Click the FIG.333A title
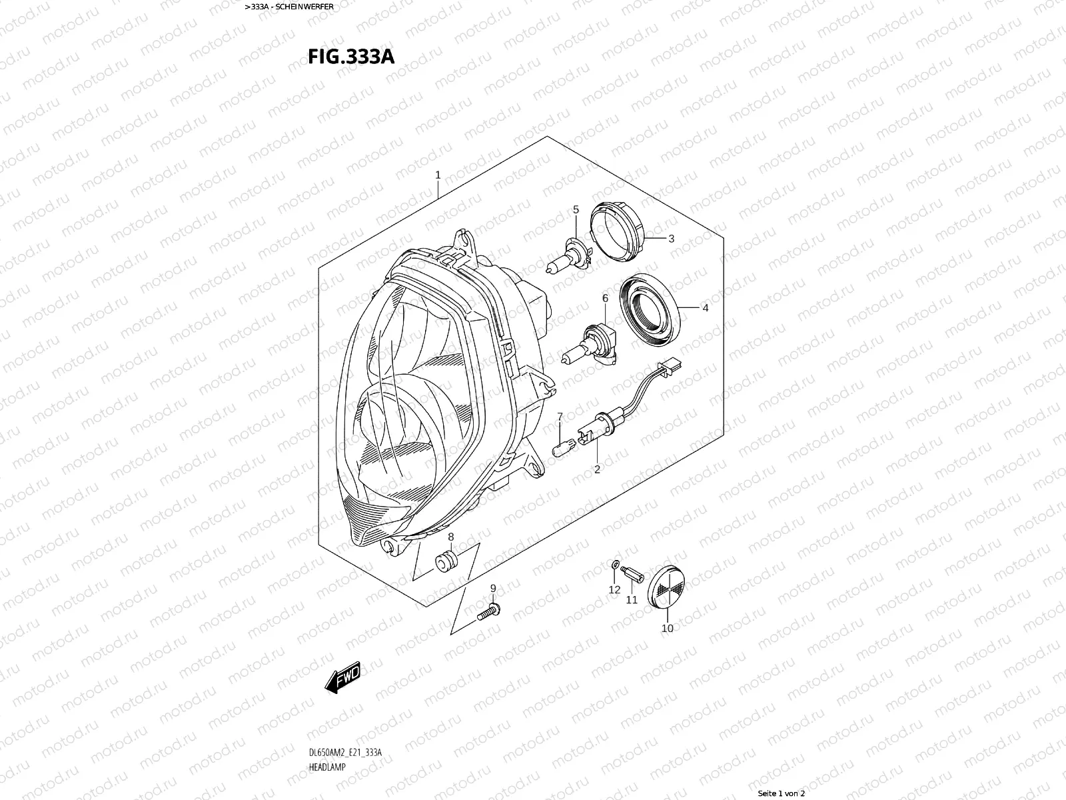[351, 57]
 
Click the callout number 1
[438, 175]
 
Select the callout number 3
[671, 239]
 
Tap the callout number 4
[705, 307]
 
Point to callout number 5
[576, 209]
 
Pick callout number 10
[668, 628]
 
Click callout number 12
[614, 590]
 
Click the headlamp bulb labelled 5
[569, 255]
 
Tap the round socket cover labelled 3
[617, 232]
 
